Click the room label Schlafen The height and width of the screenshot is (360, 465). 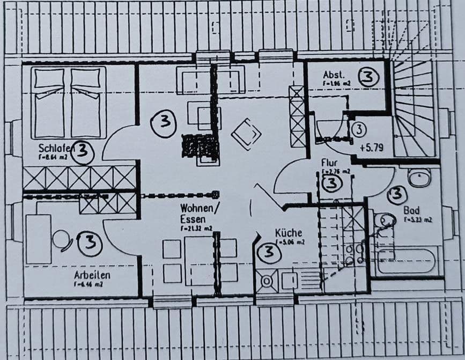(x=54, y=148)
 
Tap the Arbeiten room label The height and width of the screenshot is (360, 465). (x=92, y=275)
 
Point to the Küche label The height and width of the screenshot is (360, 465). (x=289, y=233)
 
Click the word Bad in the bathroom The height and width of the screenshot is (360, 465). (x=411, y=210)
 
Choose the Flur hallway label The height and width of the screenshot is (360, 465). (x=329, y=162)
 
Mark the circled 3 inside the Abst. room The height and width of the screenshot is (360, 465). (x=367, y=77)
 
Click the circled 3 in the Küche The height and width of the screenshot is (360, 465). (x=268, y=252)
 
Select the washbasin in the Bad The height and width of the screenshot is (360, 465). (x=419, y=177)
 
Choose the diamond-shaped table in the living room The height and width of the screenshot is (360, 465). (x=246, y=134)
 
